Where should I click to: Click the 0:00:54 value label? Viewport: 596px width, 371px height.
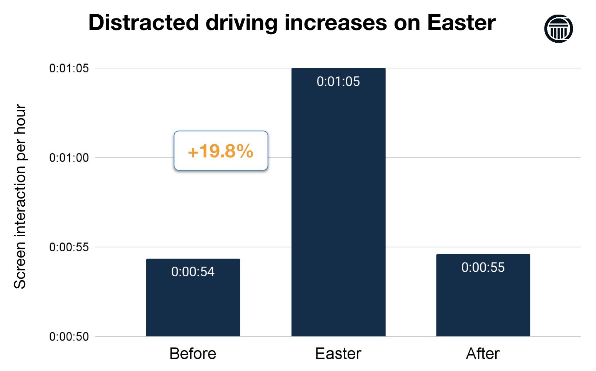[193, 272]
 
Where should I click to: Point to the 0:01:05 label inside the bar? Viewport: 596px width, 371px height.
[338, 82]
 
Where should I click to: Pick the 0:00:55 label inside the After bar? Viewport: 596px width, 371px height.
[483, 267]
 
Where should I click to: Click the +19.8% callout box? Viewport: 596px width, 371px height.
[221, 151]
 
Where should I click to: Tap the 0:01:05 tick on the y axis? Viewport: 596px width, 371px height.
[69, 69]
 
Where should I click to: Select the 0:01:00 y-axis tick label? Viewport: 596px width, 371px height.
[69, 158]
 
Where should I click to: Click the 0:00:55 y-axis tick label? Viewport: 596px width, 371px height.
[69, 247]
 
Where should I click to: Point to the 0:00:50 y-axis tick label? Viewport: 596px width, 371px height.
[69, 337]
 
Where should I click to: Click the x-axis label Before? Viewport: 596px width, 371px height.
[193, 353]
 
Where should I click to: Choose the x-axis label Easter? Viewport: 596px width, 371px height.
[338, 353]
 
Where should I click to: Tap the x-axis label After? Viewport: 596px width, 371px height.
[483, 353]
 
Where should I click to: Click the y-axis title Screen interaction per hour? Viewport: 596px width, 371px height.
[20, 196]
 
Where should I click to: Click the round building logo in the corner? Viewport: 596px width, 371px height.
[558, 28]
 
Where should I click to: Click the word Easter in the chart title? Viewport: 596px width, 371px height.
[461, 23]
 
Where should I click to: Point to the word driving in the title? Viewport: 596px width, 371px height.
[241, 23]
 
